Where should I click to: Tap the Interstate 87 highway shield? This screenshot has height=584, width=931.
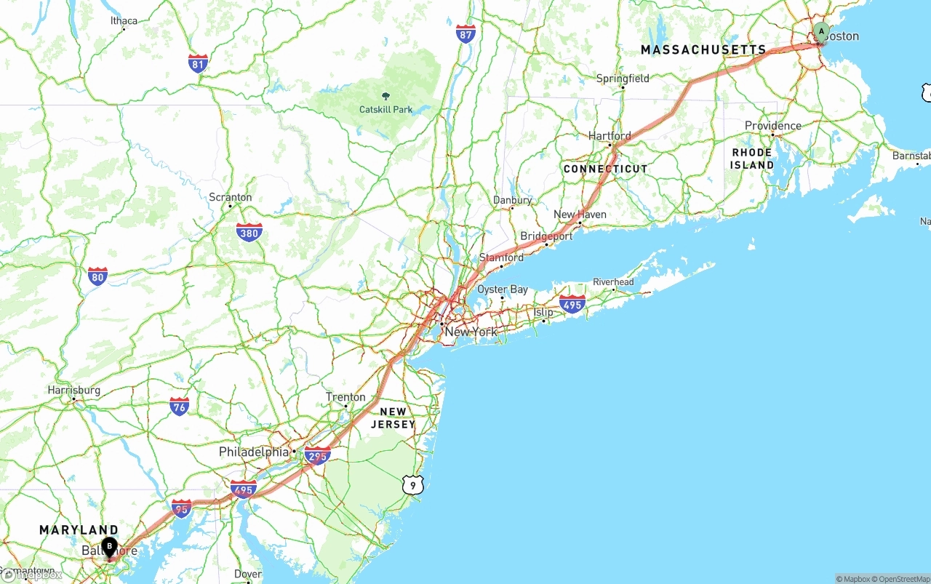[465, 33]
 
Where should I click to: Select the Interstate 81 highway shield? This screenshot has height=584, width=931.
[198, 63]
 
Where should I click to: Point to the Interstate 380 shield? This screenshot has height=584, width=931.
[249, 233]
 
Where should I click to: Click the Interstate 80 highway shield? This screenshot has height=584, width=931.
[97, 276]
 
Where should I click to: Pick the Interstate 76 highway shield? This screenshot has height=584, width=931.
[179, 407]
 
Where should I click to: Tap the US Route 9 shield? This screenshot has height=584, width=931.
[412, 484]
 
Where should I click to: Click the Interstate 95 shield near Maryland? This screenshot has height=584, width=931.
[181, 508]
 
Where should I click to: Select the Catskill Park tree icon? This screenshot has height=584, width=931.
[385, 96]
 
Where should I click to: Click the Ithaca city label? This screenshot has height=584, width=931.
[124, 20]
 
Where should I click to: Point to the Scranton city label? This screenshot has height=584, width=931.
[230, 197]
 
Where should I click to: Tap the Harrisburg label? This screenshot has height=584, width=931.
[73, 391]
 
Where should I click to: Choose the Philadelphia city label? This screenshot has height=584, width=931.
[254, 452]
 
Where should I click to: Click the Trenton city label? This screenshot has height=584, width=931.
[345, 397]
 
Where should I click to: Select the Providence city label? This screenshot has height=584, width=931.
[772, 126]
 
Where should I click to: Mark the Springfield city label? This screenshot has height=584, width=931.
[623, 79]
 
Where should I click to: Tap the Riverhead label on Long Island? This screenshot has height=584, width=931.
[613, 282]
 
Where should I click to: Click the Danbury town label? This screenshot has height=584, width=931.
[512, 200]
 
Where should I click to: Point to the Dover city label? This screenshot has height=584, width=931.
[247, 574]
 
